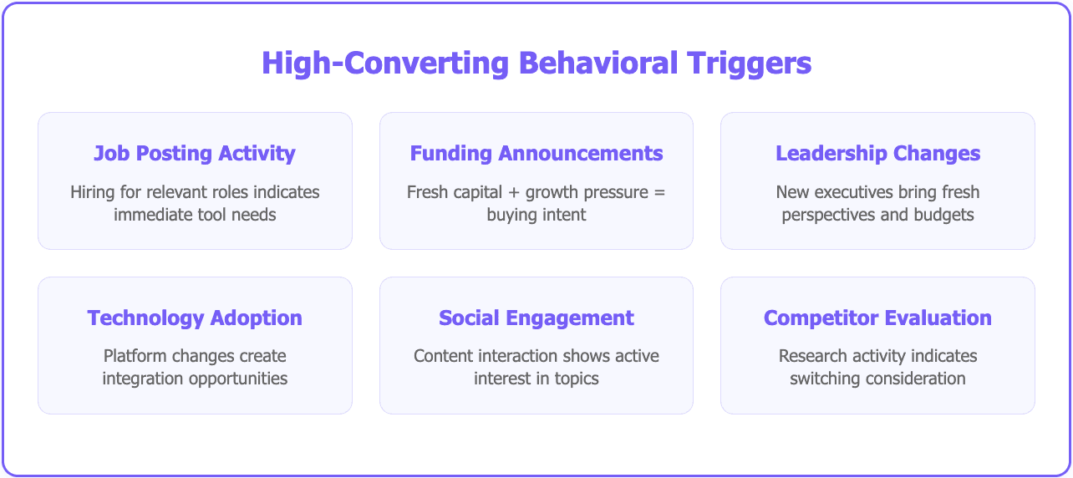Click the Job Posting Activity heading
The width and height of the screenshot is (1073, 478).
pos(195,154)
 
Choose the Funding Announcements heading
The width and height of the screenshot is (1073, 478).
pos(536,154)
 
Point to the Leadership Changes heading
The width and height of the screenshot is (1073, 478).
pos(877,154)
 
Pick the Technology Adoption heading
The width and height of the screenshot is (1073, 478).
pos(195,318)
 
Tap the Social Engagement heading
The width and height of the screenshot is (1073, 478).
pos(536,318)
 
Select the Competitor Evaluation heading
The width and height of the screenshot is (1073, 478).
pos(877,318)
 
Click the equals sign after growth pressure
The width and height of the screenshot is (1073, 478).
pos(659,192)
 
